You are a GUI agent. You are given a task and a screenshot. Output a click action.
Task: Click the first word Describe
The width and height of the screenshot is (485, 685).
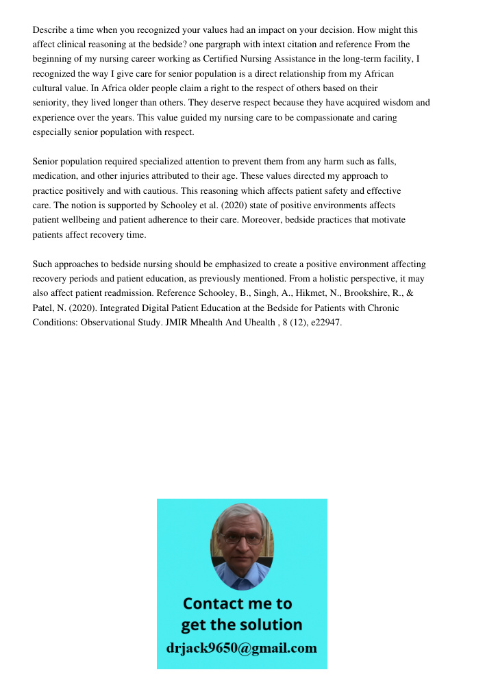click(x=51, y=30)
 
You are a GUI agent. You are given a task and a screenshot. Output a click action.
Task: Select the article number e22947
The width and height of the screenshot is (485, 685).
click(x=325, y=322)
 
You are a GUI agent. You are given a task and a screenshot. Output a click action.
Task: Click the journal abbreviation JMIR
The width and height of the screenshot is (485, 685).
click(x=177, y=322)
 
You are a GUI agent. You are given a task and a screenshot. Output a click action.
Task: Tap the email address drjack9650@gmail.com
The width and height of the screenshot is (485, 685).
click(x=242, y=648)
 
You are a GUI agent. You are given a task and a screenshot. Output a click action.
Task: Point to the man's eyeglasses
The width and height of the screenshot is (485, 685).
click(x=242, y=538)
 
